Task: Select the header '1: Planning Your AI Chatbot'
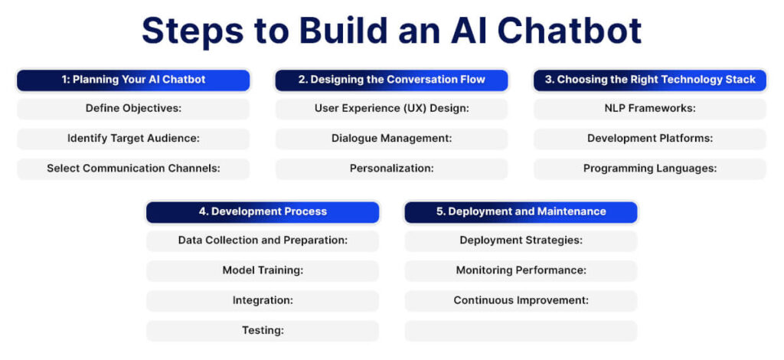133,80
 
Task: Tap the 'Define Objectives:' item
133,109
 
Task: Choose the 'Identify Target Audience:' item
133,139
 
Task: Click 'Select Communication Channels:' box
133,169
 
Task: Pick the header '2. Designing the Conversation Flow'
391,80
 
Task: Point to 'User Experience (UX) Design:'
391,109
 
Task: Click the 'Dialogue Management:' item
391,139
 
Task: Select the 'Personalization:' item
391,169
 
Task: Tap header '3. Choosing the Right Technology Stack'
650,80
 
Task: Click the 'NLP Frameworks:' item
650,109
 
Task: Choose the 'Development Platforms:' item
650,139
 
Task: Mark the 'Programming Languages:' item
650,169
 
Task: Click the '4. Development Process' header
263,211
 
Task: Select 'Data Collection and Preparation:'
263,241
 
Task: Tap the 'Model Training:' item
263,270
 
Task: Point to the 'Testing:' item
263,331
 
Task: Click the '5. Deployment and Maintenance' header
521,211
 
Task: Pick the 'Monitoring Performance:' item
521,270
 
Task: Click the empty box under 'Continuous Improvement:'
521,331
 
